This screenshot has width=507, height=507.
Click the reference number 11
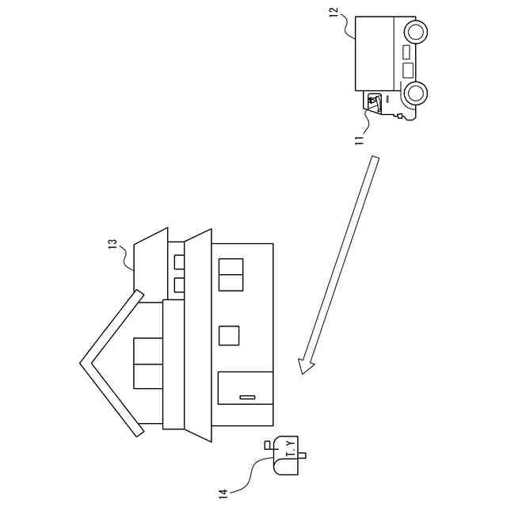point(359,138)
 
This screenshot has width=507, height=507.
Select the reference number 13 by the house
point(112,245)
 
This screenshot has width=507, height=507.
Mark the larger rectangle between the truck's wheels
point(408,70)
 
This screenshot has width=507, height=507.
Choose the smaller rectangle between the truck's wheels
point(407,52)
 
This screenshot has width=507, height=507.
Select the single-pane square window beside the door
point(229,336)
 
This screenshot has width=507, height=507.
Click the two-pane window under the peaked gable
point(148,363)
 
